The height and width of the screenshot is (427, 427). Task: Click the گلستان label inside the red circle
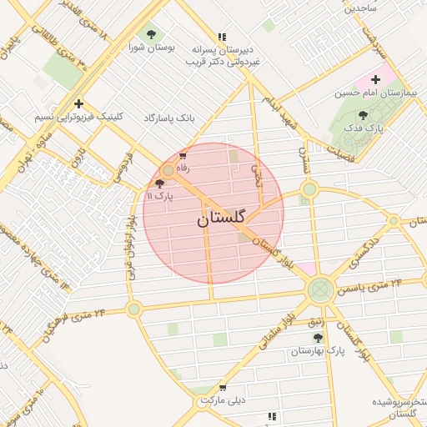tap(221, 219)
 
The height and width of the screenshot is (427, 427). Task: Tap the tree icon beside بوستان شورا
tap(151, 34)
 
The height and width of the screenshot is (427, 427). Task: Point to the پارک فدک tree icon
tap(362, 116)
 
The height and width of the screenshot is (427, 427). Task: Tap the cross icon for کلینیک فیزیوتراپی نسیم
tap(78, 104)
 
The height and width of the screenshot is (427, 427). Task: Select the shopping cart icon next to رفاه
tap(183, 155)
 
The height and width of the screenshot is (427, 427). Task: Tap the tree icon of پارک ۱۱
tap(159, 183)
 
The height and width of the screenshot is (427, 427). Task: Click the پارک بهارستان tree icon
tap(317, 337)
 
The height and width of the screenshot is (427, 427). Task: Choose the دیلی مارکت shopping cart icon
tap(222, 387)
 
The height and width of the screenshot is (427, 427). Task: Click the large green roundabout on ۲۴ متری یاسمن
tap(320, 290)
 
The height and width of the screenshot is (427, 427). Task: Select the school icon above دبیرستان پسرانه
tap(222, 37)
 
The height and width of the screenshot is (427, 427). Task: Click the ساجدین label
tap(362, 8)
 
